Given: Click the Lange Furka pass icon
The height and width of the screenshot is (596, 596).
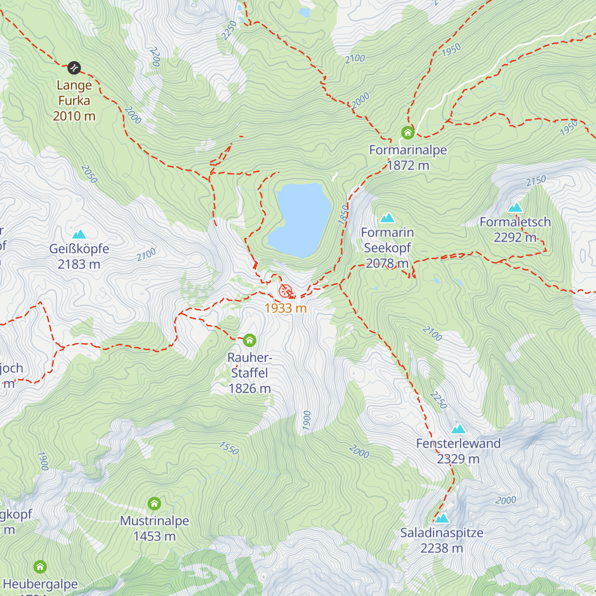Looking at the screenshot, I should (x=74, y=67).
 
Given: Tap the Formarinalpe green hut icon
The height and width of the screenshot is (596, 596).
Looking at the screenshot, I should (x=408, y=133).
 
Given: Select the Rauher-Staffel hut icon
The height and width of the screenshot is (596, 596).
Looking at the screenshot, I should (x=249, y=340).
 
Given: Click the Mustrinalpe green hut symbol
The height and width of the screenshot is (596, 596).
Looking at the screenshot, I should (x=154, y=504).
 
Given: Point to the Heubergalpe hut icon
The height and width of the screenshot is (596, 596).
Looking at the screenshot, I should (x=40, y=567).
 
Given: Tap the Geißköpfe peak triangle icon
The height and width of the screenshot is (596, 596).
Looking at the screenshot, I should (x=79, y=234).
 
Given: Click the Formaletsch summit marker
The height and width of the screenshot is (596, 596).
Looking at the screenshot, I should (x=516, y=208).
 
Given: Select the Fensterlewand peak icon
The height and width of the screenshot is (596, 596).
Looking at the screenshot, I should (x=458, y=429).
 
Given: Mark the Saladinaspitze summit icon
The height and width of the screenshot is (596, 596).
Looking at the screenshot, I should (x=442, y=519).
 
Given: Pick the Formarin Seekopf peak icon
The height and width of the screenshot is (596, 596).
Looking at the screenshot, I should (x=387, y=218).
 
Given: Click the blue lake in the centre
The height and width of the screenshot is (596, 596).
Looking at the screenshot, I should (x=300, y=219).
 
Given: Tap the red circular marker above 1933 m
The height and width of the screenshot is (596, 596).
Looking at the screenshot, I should (x=285, y=291).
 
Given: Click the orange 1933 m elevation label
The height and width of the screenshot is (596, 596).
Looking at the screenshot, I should (x=286, y=308).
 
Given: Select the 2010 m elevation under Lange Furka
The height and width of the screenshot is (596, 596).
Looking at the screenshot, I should (x=74, y=116).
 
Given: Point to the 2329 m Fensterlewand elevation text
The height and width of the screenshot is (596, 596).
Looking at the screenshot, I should (x=458, y=459).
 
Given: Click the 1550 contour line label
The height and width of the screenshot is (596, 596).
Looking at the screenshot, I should (x=229, y=448).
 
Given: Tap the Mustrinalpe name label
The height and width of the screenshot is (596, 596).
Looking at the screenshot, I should (x=154, y=521).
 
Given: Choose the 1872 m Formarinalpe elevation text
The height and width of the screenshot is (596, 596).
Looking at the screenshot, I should (x=408, y=165).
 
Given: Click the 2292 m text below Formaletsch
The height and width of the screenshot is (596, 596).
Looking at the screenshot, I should (x=515, y=238).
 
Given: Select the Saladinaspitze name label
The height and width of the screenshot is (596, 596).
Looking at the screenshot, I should (x=442, y=533).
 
